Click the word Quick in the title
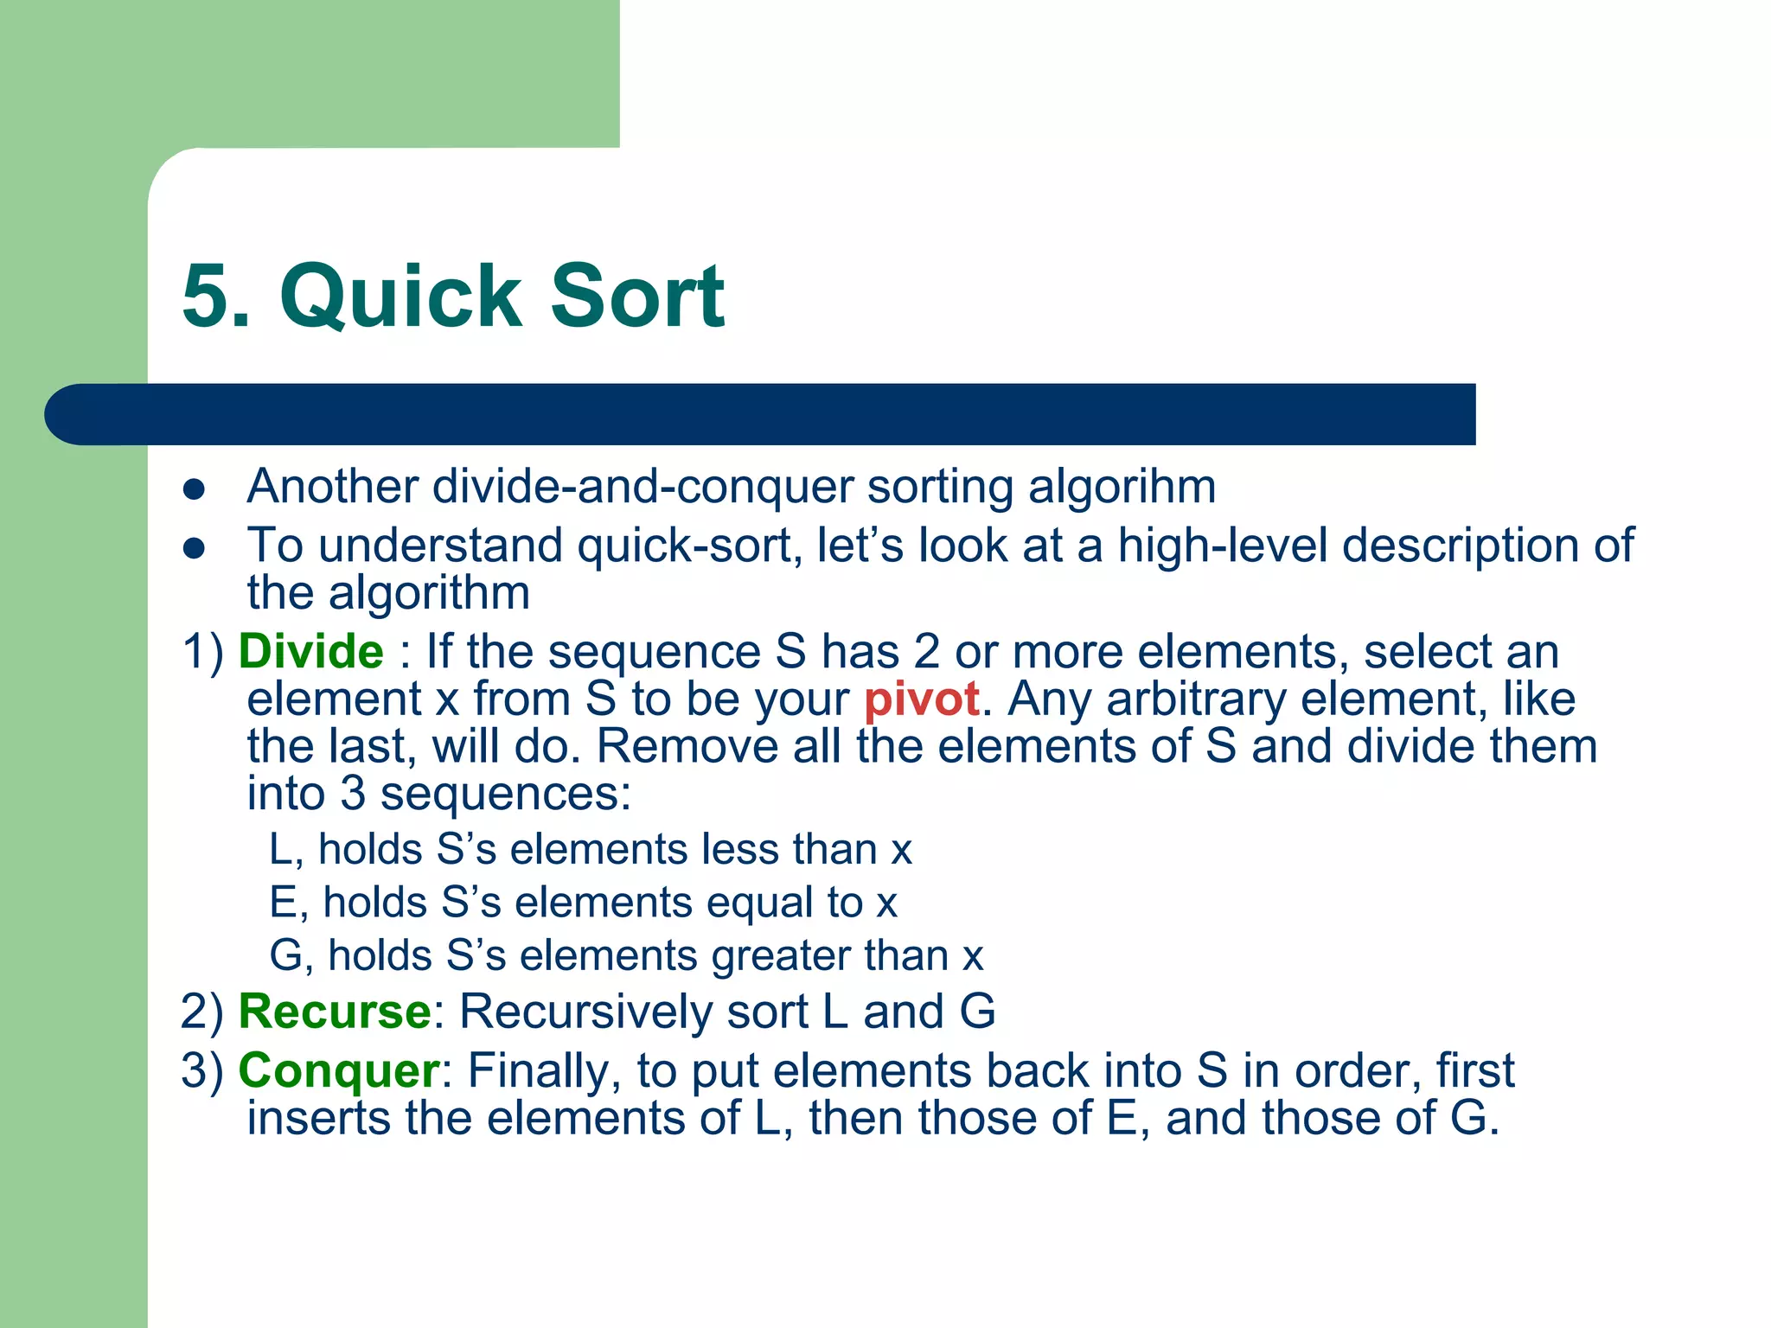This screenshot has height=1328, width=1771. [401, 297]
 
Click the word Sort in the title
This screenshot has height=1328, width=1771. [637, 297]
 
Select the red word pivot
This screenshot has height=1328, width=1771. [922, 699]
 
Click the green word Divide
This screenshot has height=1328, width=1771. [310, 651]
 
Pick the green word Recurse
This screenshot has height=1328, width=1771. [334, 1011]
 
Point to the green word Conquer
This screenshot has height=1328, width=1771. [339, 1070]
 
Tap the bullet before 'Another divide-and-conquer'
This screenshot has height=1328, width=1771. [195, 489]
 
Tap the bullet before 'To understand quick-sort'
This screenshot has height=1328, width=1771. [195, 548]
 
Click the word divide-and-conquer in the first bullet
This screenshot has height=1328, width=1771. [642, 487]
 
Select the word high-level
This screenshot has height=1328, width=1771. [1222, 546]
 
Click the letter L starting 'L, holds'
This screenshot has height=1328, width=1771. [280, 849]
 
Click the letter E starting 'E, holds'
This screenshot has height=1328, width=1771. [283, 903]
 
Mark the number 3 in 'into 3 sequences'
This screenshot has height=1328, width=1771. [353, 794]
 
